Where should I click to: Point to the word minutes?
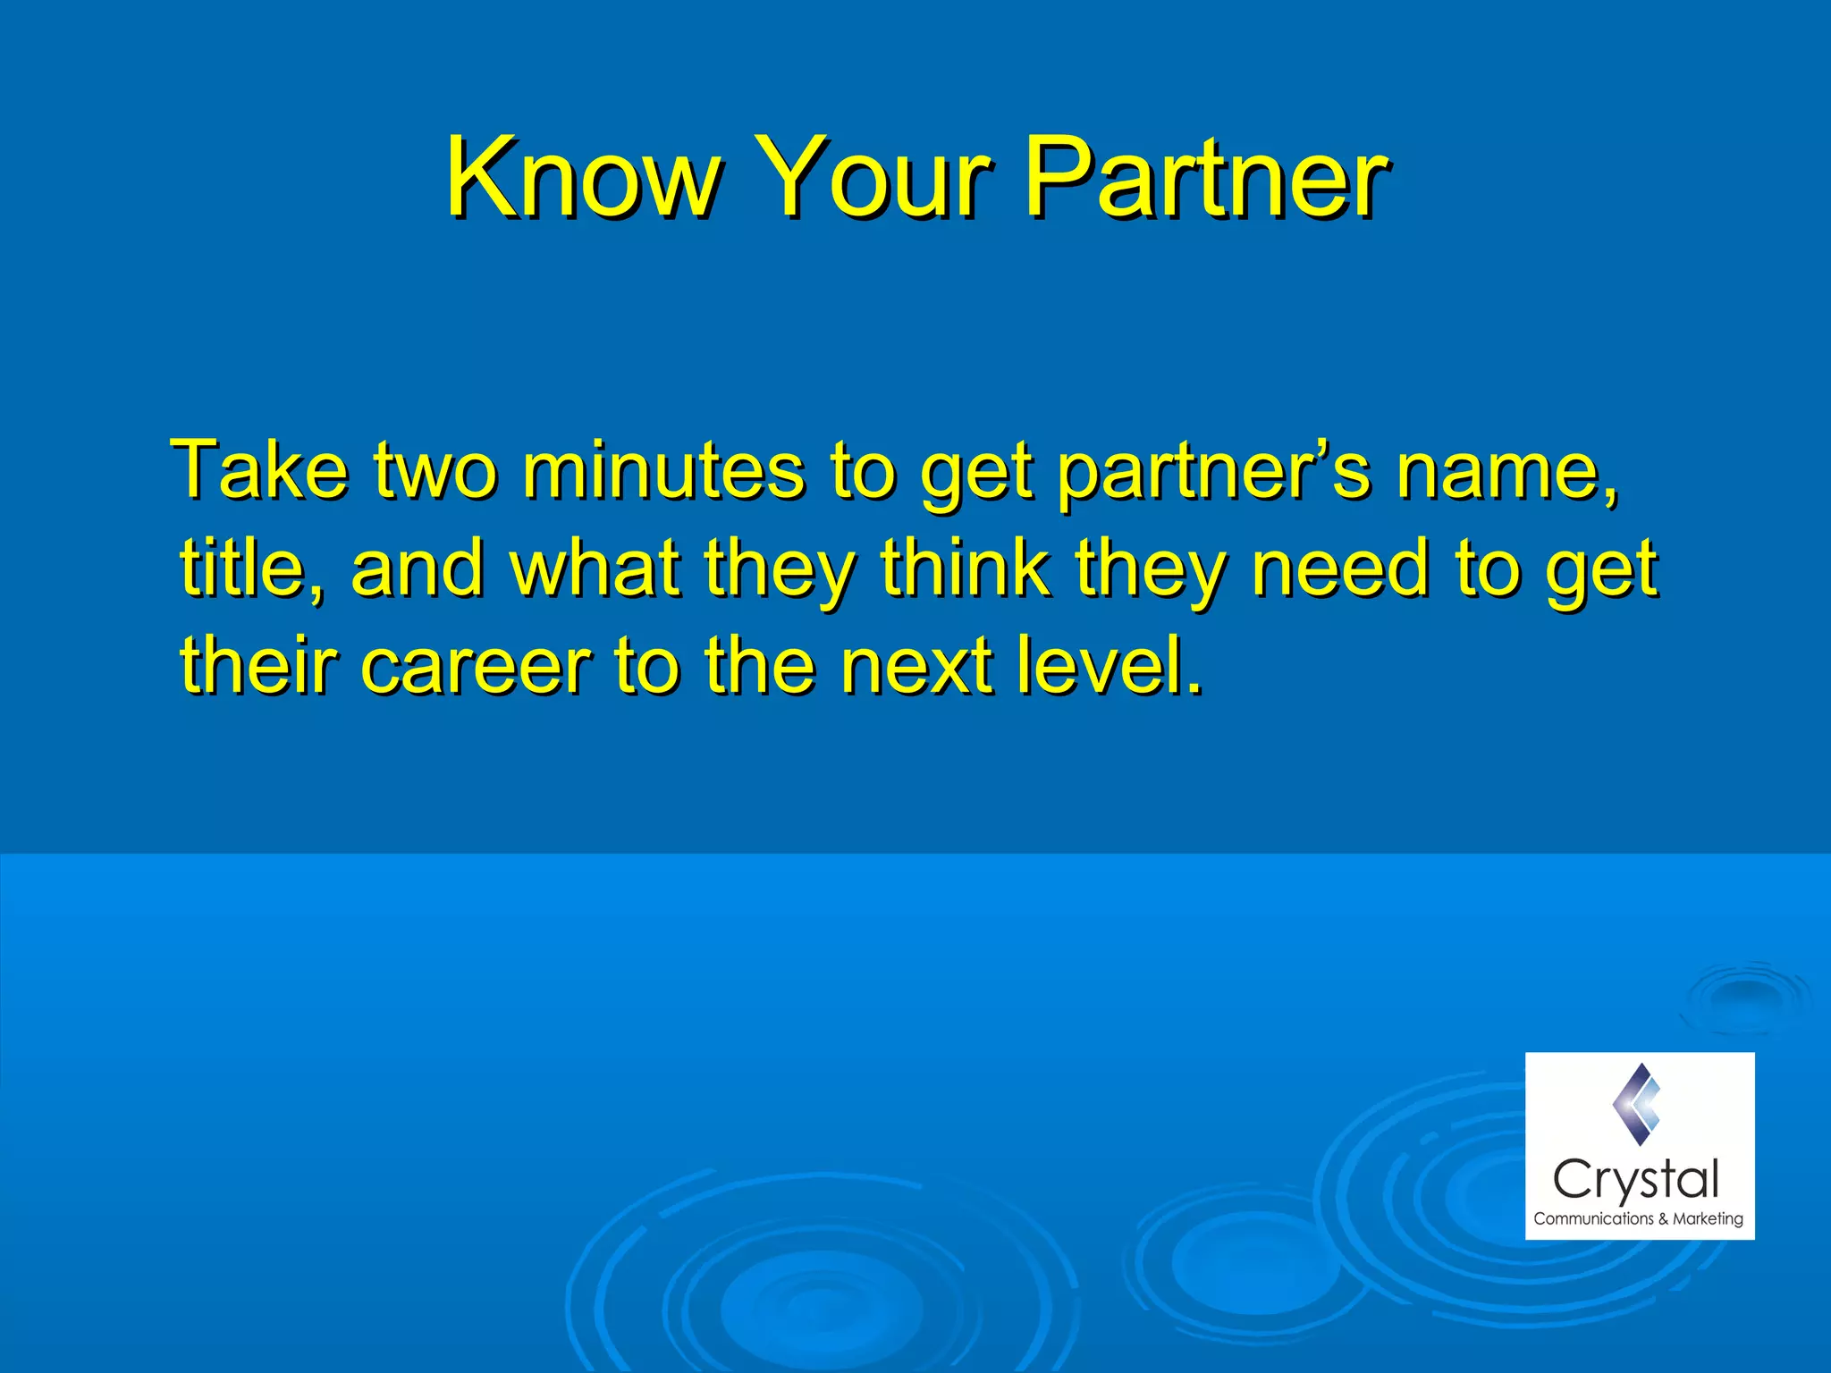point(662,471)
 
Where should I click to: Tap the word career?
point(475,666)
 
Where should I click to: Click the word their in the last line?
point(258,666)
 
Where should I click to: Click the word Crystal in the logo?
point(1636,1181)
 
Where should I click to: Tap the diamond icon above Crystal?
point(1638,1105)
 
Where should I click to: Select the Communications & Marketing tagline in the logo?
point(1638,1218)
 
